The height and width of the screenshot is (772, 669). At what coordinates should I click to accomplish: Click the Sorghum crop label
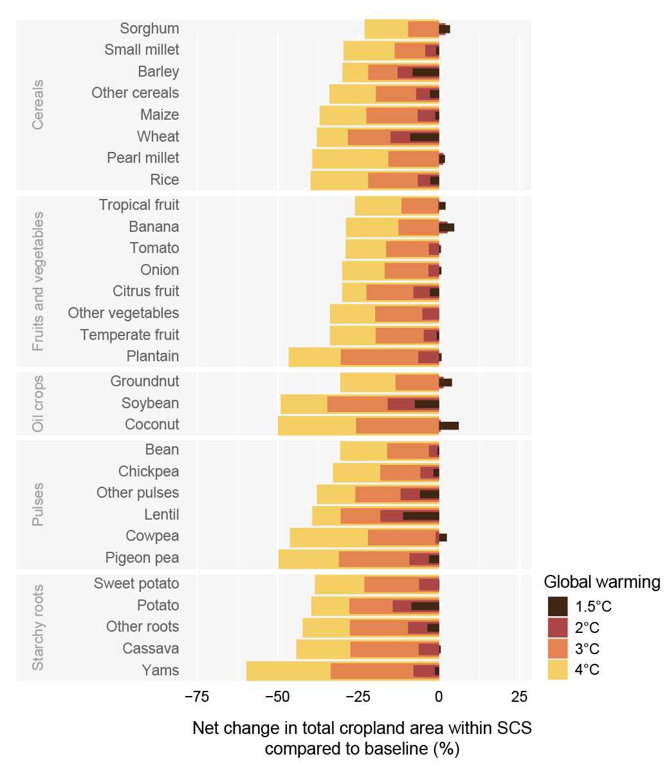coord(149,28)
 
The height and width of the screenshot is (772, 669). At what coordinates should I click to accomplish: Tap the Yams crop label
coord(160,670)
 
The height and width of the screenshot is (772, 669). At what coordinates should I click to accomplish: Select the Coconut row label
coord(152,425)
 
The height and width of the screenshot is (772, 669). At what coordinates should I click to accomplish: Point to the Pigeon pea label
coord(142,558)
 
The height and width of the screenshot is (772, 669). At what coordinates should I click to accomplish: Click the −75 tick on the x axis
coord(197,697)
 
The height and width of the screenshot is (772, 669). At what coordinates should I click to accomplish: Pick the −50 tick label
coord(277,697)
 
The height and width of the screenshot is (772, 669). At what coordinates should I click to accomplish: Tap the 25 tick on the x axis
coord(520,697)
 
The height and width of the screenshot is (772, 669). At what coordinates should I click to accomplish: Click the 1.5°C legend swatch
coord(558,607)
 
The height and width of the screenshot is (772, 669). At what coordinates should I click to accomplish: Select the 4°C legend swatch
coord(558,670)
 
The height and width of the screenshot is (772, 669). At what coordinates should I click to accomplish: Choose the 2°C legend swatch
coord(558,628)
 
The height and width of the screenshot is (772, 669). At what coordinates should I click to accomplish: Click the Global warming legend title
coord(602,582)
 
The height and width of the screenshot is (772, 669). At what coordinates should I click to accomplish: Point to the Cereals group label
coord(38,104)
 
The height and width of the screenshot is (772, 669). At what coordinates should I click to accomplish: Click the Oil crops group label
coord(38,404)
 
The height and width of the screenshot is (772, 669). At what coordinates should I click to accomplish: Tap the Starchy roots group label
coord(38,627)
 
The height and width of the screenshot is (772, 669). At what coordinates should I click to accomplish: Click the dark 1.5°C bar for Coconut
coord(449,426)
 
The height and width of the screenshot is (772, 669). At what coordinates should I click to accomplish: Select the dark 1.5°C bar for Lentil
coord(421,516)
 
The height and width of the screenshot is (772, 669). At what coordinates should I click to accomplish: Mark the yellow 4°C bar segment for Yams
coord(288,670)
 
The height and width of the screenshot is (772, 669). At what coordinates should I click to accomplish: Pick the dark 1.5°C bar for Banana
coord(446,227)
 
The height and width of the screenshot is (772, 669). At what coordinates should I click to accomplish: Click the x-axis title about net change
coord(362,739)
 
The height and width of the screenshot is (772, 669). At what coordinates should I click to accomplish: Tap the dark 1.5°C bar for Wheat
coord(425,137)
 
